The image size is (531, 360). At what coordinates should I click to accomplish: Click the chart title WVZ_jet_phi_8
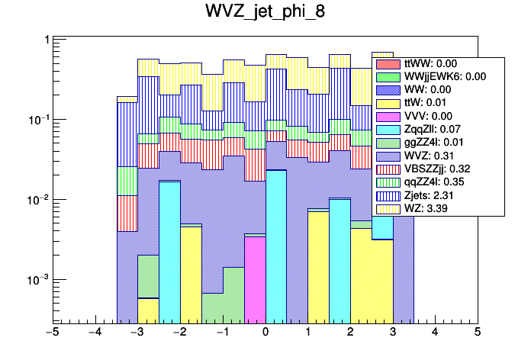pyautogui.click(x=265, y=13)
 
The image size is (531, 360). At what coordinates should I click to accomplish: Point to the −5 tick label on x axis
pyautogui.click(x=52, y=333)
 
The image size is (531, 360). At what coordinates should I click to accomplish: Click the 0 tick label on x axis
pyautogui.click(x=265, y=333)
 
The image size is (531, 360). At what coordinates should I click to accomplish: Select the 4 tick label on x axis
pyautogui.click(x=435, y=333)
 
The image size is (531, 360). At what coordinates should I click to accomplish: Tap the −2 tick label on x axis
pyautogui.click(x=179, y=333)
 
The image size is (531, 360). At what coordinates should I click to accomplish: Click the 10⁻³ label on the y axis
pyautogui.click(x=35, y=281)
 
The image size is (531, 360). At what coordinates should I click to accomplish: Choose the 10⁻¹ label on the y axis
pyautogui.click(x=35, y=121)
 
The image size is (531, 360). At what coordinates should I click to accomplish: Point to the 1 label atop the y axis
pyautogui.click(x=47, y=40)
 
